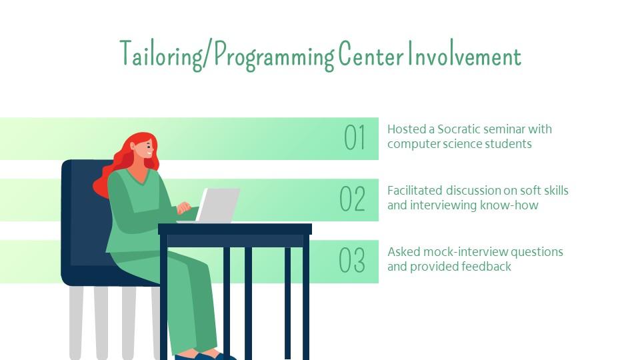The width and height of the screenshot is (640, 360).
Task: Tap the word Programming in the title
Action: pos(274,55)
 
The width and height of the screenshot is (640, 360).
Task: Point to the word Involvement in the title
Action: pos(465,53)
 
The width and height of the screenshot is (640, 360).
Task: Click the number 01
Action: pos(354,137)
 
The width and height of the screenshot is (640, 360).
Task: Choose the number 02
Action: pos(352,199)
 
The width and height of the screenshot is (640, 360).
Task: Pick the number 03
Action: pos(352,260)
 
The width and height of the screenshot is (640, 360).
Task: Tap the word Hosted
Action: pos(406,129)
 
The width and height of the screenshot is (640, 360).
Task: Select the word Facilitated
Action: pos(415,190)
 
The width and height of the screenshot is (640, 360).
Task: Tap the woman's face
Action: pos(146,149)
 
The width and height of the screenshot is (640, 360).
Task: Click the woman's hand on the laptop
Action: pos(183,208)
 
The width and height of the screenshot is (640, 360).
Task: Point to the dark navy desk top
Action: pos(235,229)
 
